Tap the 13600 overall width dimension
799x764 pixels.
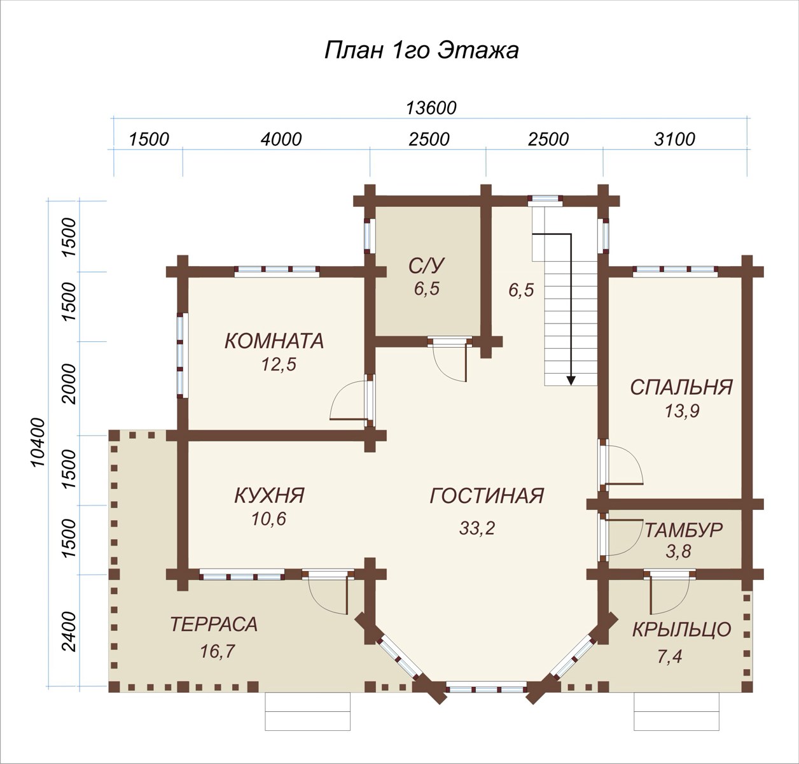tap(431, 108)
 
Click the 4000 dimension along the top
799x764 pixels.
tap(281, 139)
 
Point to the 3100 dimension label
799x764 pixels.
tap(674, 139)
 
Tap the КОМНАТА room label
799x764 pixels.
tap(274, 341)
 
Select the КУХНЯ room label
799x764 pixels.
tap(269, 495)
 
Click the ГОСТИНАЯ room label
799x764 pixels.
tap(487, 495)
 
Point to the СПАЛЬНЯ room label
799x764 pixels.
tap(681, 388)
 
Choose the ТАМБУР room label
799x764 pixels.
tap(684, 530)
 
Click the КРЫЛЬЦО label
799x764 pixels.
tap(681, 629)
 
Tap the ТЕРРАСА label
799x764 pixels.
tap(214, 625)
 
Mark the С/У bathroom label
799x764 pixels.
tap(427, 266)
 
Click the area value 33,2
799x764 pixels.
tap(476, 528)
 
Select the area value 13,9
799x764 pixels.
tap(682, 411)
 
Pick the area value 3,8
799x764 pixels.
tap(678, 551)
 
